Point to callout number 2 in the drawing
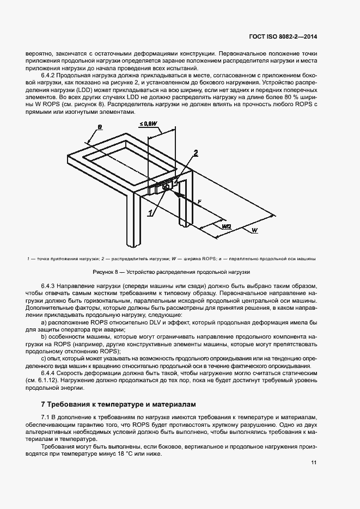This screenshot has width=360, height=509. tap(196, 152)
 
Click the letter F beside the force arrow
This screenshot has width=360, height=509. tap(200, 201)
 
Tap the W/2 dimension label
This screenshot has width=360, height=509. tap(227, 224)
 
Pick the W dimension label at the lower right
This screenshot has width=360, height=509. tap(254, 231)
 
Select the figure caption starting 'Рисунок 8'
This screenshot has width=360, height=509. tap(172, 271)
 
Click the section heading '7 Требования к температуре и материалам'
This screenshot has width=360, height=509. tap(117, 404)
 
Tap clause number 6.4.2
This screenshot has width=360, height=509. tap(50, 76)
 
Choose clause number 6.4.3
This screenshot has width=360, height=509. tap(50, 286)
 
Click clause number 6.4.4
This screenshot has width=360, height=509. tap(50, 373)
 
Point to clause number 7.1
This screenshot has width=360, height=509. tap(46, 416)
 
